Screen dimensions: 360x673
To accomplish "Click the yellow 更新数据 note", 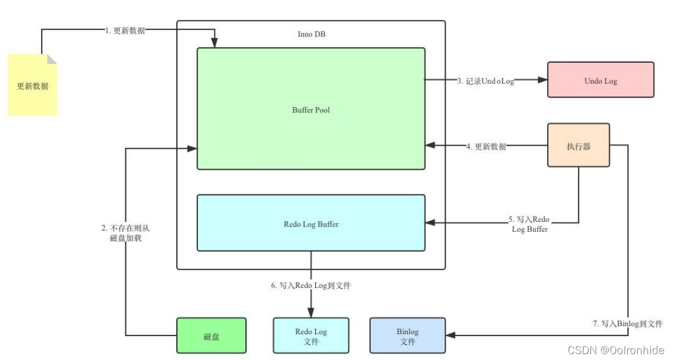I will (33, 85).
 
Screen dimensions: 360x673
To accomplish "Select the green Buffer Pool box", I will (310, 109).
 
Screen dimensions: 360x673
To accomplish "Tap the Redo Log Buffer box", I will (310, 224).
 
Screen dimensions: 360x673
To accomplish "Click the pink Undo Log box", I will (600, 80).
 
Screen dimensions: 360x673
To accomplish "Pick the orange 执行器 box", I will (578, 146).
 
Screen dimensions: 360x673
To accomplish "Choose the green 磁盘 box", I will (211, 337).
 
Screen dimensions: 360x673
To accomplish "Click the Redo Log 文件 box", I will (311, 336).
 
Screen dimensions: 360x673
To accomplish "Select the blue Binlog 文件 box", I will (408, 336).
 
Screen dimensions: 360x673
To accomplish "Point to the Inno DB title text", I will (311, 34).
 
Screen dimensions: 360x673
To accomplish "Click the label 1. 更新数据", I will (125, 31).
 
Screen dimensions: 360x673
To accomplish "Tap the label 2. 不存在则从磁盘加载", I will (125, 232).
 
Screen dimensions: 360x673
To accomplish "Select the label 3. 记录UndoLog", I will (485, 81).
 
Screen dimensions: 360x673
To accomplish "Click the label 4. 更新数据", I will (486, 146).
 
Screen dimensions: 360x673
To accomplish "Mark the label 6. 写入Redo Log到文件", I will (310, 285).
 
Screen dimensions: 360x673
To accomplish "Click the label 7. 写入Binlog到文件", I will (628, 323).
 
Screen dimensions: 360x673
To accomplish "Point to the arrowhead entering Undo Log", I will (541, 81).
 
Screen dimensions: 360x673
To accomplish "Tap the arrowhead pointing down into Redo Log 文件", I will (310, 313).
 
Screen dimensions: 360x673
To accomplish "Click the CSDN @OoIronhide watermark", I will (616, 350).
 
